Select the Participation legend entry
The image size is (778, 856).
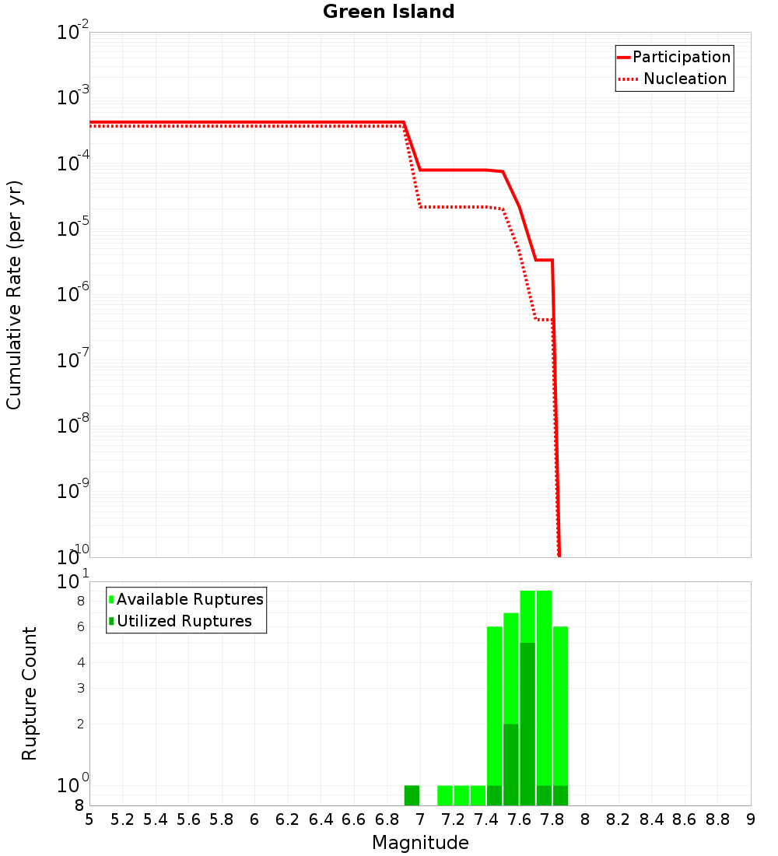point(681,57)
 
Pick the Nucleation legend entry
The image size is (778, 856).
point(684,79)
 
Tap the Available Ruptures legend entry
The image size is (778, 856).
point(190,599)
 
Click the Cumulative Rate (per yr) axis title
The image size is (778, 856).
point(14,295)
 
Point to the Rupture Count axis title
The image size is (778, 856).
point(30,693)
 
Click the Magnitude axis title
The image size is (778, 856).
point(420,843)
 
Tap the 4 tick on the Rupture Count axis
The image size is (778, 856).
point(79,662)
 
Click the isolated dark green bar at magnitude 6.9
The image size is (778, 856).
point(412,795)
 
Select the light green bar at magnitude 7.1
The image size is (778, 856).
point(445,795)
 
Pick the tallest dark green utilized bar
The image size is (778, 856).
point(527,724)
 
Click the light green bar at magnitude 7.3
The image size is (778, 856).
point(478,795)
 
